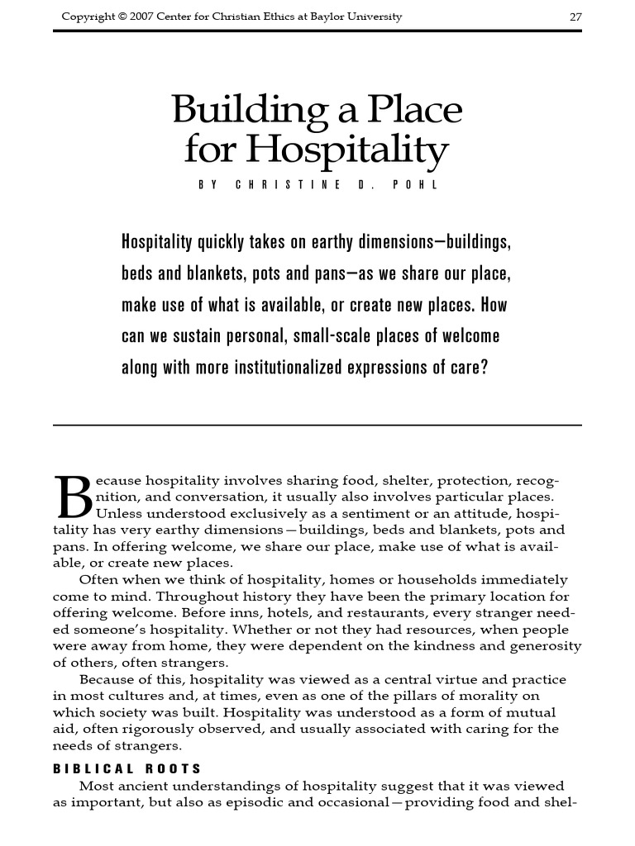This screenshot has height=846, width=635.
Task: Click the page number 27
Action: click(576, 17)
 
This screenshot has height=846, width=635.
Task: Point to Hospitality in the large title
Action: click(348, 150)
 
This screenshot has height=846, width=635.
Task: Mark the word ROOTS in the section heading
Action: click(174, 768)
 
